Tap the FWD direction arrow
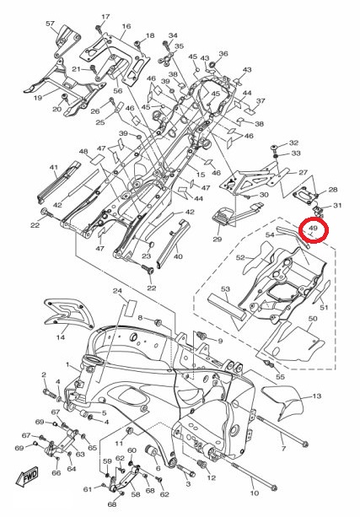[x=28, y=477]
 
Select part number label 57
[x=50, y=24]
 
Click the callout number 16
[x=126, y=26]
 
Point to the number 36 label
[x=223, y=53]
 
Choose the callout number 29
[x=218, y=239]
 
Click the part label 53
[x=225, y=288]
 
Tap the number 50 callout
[x=313, y=319]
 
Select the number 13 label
[x=316, y=396]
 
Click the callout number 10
[x=255, y=493]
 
